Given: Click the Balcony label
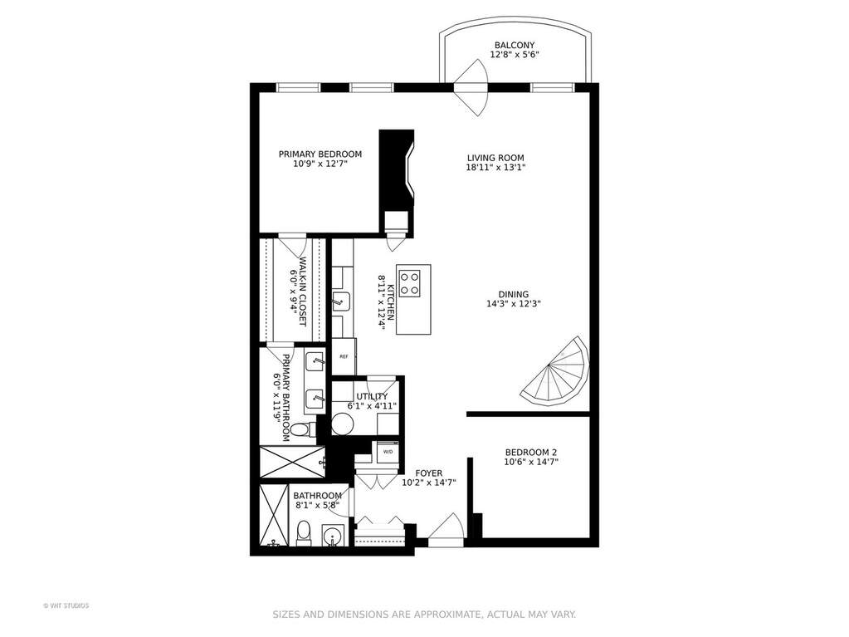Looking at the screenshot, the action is pos(514,45).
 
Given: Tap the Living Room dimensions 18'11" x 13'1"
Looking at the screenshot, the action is pos(495,168).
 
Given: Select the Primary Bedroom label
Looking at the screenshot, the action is pos(320,154).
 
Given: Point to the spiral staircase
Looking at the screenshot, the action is pos(555,371).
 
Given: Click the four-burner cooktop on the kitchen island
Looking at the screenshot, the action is pos(409,283).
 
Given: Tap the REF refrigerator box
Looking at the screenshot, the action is pos(344,356).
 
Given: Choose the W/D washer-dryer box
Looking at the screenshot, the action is pos(388,452).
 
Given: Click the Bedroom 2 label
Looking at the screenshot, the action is pos(530,453).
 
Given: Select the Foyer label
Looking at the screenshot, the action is pos(429,473).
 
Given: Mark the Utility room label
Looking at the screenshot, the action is pos(372,396).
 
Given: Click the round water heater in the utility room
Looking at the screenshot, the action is pos(342,424).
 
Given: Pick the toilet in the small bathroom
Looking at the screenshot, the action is pos(305,533).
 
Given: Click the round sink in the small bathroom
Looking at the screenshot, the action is pos(333,537).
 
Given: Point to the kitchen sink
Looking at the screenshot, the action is pos(341,302).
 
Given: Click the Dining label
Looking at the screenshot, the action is pos(513,295).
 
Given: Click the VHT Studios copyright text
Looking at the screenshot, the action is pos(66,605).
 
